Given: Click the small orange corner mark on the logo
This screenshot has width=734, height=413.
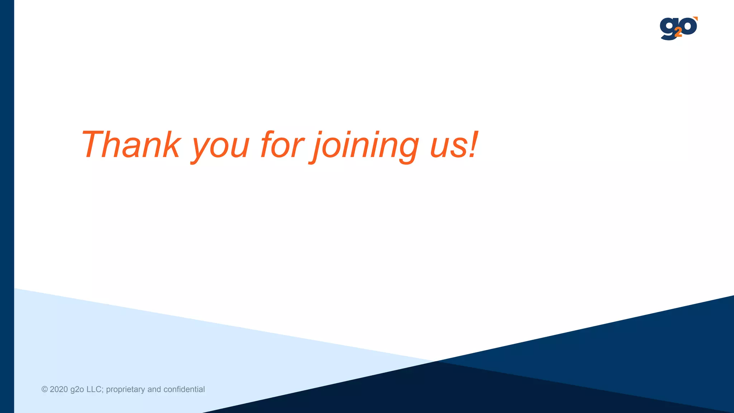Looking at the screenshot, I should point(696,18).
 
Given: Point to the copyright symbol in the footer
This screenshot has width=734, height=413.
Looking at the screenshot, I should point(44,389).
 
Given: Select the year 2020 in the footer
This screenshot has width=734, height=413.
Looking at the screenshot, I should point(59,389).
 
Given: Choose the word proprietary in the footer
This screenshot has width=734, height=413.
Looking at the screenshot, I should point(125,390).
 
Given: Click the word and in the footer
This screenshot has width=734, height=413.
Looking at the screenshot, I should point(154,389).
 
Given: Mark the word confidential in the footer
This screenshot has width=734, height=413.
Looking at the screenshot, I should point(184,389).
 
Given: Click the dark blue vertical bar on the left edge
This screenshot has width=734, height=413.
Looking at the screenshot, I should point(7,206).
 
